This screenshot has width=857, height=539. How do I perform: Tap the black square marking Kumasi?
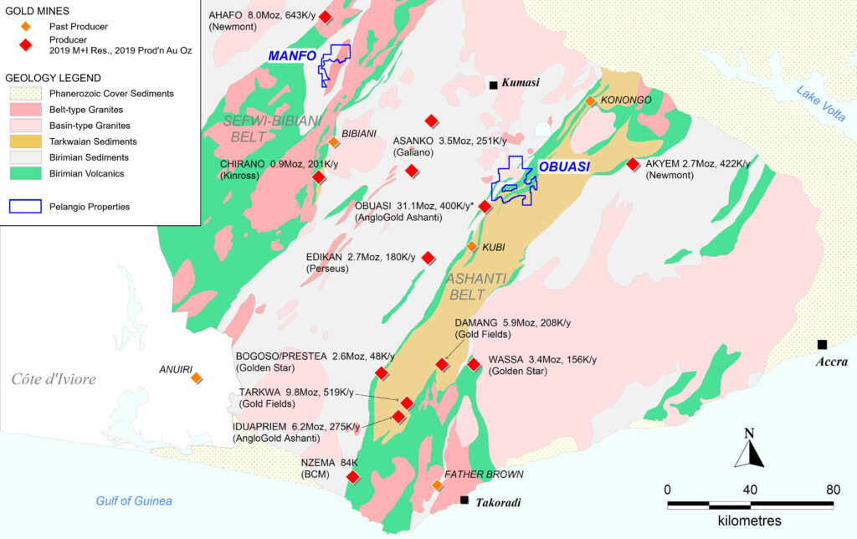tap(494, 84)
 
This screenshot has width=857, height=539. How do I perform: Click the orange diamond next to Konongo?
tap(590, 100)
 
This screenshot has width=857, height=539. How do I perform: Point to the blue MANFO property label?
tap(292, 56)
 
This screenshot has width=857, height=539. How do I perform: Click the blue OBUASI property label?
tap(564, 167)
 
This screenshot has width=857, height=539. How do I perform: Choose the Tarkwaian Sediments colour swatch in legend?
tap(23, 141)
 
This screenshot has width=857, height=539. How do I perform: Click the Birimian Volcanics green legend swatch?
tap(23, 173)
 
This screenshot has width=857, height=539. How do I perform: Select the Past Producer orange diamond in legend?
tap(26, 27)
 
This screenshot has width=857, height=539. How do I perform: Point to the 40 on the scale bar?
tap(750, 489)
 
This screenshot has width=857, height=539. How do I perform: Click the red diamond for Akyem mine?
tap(633, 164)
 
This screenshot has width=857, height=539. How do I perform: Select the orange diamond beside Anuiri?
tap(196, 378)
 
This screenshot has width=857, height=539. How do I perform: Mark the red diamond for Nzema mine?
tap(353, 476)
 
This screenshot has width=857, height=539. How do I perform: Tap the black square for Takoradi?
tap(464, 501)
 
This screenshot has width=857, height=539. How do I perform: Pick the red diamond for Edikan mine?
tap(428, 257)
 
